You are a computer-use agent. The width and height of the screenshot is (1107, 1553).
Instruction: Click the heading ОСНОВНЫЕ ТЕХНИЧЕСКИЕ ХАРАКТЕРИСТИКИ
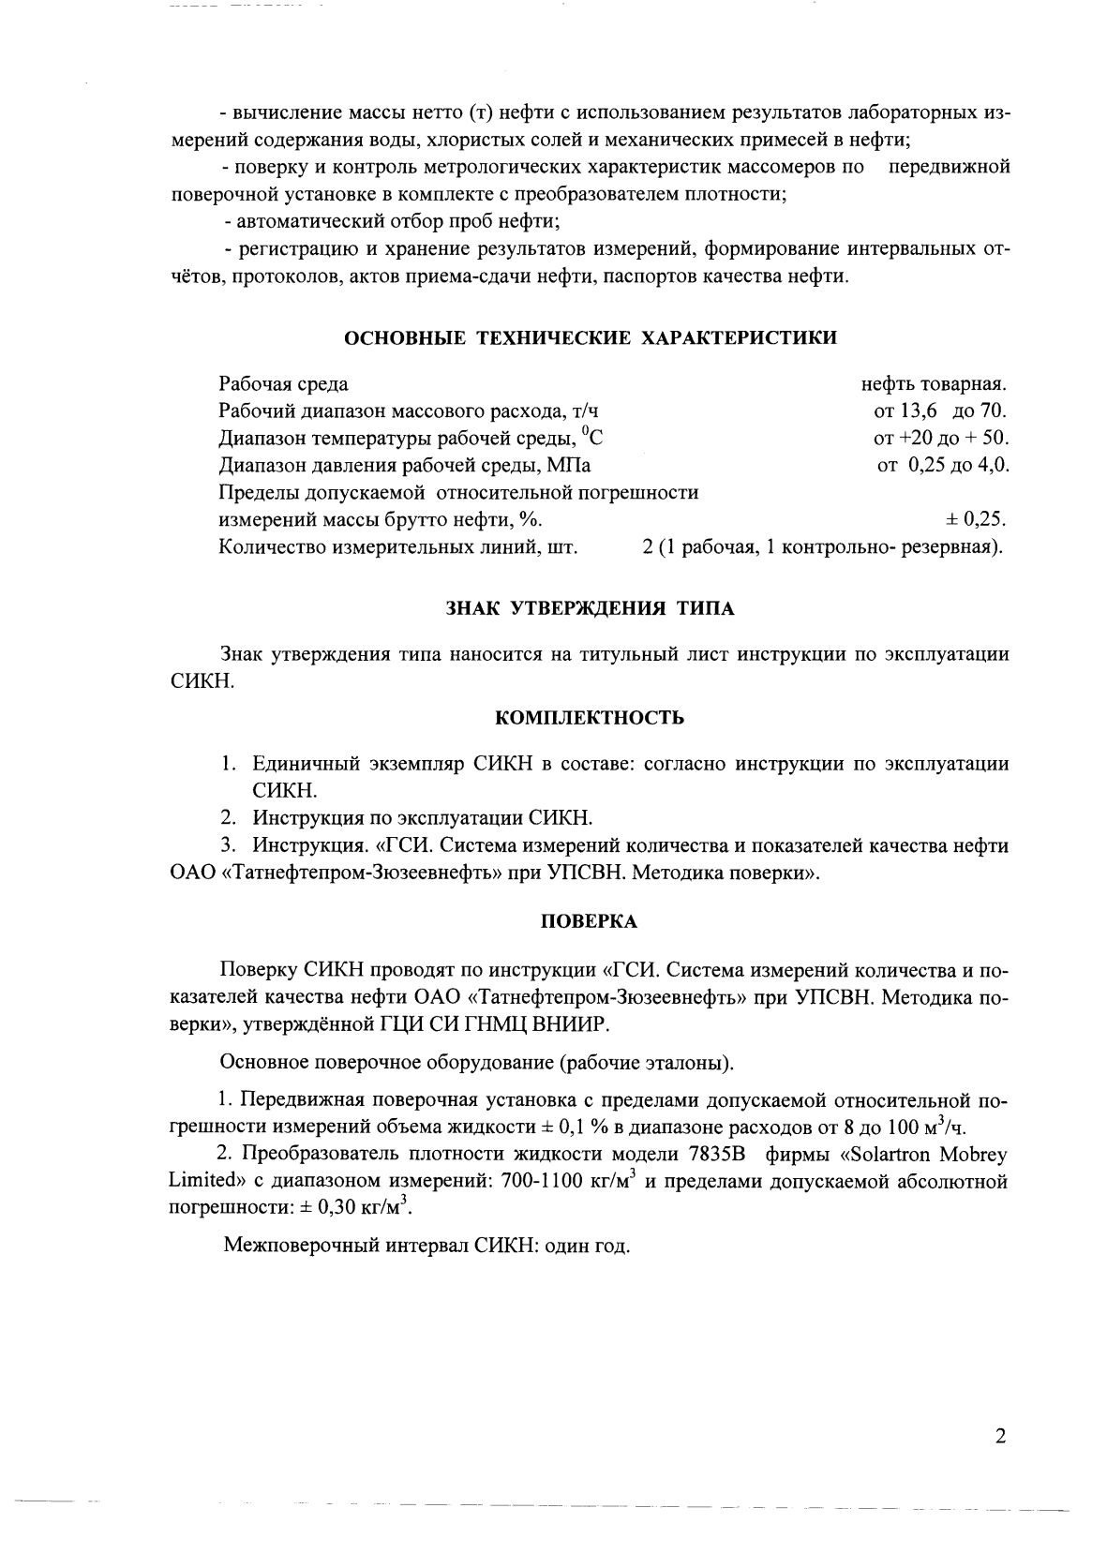click(591, 338)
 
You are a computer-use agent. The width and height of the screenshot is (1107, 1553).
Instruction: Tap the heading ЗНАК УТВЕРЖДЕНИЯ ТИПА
click(590, 608)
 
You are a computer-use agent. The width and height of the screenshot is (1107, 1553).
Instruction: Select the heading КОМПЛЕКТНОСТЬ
click(589, 718)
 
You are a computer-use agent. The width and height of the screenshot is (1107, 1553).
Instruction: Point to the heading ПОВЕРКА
click(590, 921)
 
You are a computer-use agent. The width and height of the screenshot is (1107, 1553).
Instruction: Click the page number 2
click(1000, 1437)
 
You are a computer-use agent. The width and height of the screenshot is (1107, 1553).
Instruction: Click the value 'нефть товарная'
click(934, 384)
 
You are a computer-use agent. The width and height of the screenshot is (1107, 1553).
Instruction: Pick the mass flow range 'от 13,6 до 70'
click(940, 411)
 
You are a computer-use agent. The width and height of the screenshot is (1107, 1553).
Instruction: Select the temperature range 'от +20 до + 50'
click(940, 439)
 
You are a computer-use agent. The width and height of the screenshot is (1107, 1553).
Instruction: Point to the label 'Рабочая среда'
click(283, 384)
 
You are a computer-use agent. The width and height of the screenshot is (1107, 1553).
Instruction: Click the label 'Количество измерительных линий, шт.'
click(397, 547)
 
